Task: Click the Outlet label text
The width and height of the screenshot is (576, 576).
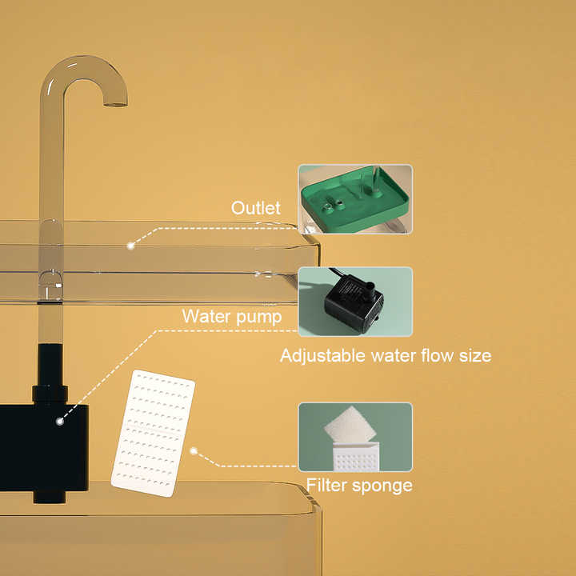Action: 255,208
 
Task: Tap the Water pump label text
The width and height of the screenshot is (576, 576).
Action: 231,316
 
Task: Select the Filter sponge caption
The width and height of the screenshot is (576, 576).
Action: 359,486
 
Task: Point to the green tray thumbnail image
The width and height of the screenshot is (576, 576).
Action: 355,199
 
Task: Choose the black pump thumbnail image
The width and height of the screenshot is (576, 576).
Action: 355,302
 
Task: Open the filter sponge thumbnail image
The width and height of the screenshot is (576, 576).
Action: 355,437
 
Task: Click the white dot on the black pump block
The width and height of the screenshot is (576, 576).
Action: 60,419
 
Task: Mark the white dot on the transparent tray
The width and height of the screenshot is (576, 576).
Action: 130,246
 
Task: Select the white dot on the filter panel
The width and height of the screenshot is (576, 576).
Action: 194,450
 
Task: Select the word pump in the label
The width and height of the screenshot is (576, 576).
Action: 260,317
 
